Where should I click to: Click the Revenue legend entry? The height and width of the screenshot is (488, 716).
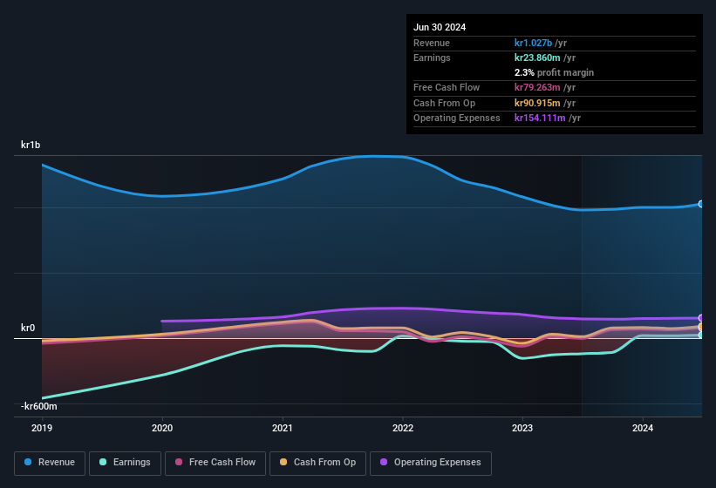pos(49,463)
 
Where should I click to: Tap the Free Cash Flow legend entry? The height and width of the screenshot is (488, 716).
pos(215,463)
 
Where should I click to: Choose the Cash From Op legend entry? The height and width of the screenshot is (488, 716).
pos(317,463)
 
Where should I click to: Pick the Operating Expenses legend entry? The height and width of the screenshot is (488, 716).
pos(430,463)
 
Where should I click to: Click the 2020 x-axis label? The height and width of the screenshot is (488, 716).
pos(162,428)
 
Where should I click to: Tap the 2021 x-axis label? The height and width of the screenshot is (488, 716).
pos(283,428)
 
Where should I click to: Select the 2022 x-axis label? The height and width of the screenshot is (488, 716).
pos(403,428)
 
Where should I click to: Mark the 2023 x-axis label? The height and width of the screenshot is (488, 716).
pos(522,428)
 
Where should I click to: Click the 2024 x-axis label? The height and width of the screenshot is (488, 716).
pos(643,428)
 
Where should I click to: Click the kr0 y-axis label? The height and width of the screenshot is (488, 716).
pos(28,328)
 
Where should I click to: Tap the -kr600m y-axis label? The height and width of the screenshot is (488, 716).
pos(40,406)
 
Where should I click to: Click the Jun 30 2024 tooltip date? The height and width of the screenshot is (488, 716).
pos(440,27)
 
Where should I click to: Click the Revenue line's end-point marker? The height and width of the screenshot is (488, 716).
pos(700,204)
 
